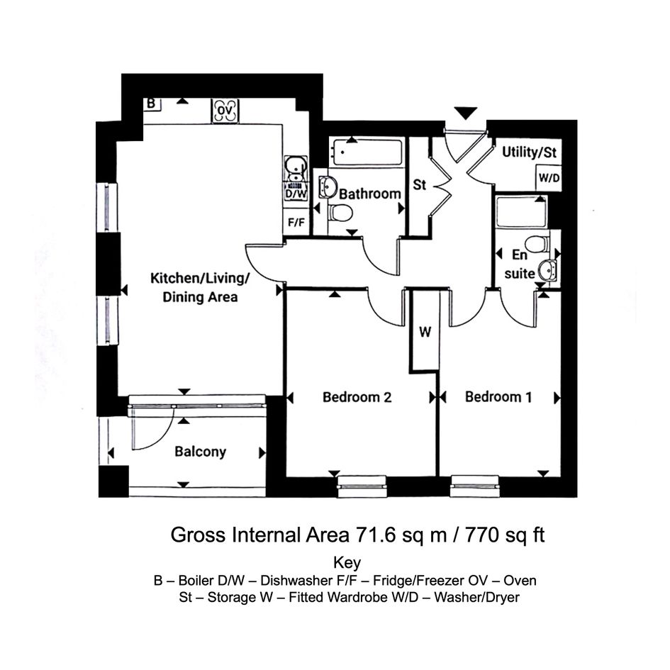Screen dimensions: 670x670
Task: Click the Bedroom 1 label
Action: click(x=498, y=397)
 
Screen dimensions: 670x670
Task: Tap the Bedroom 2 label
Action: click(x=357, y=397)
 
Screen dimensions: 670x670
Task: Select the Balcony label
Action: click(x=200, y=452)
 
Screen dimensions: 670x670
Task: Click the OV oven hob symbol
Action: click(x=225, y=111)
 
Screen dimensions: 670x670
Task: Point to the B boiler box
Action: click(x=151, y=104)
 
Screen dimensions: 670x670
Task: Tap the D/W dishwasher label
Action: click(x=296, y=194)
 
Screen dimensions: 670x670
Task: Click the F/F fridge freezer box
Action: click(x=296, y=222)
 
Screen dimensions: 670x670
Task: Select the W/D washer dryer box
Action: click(x=549, y=178)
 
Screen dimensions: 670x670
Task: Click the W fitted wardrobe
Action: click(x=425, y=331)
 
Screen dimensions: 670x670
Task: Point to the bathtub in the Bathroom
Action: click(x=367, y=152)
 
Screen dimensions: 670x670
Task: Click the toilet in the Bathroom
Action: click(x=340, y=213)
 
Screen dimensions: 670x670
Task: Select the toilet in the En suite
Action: click(x=537, y=245)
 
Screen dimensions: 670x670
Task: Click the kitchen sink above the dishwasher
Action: click(x=296, y=168)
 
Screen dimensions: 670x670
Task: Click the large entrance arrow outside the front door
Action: click(x=465, y=113)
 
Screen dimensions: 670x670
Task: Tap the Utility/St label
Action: click(x=529, y=152)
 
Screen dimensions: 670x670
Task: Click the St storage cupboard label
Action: click(x=419, y=184)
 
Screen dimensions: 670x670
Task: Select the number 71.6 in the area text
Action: click(x=376, y=535)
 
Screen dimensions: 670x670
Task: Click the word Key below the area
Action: click(x=347, y=563)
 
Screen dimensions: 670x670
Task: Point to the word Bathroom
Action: click(x=370, y=194)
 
